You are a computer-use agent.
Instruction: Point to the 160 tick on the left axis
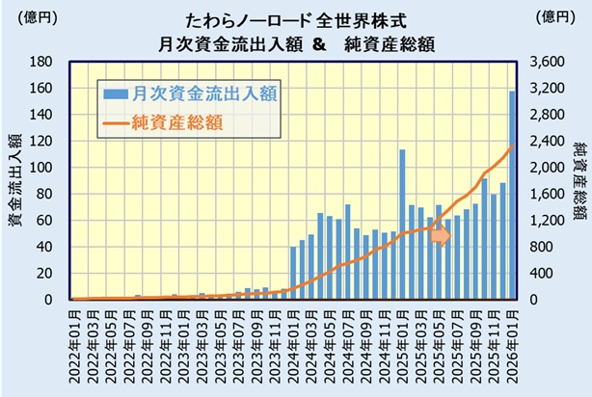[x=52, y=88]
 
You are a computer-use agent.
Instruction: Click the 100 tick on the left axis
[x=52, y=168]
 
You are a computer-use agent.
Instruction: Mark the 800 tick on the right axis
[x=545, y=247]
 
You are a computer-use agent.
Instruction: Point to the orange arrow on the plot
[x=440, y=236]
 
